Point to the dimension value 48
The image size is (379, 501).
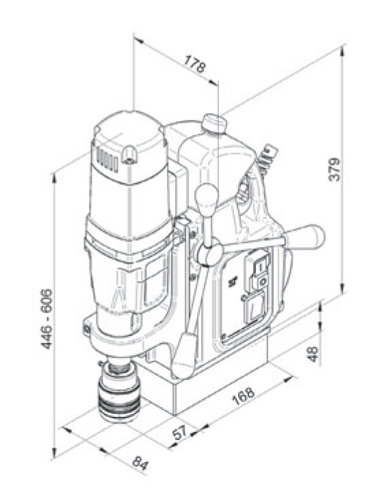(313, 354)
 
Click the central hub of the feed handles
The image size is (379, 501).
(208, 255)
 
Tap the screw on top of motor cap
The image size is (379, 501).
(127, 161)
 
